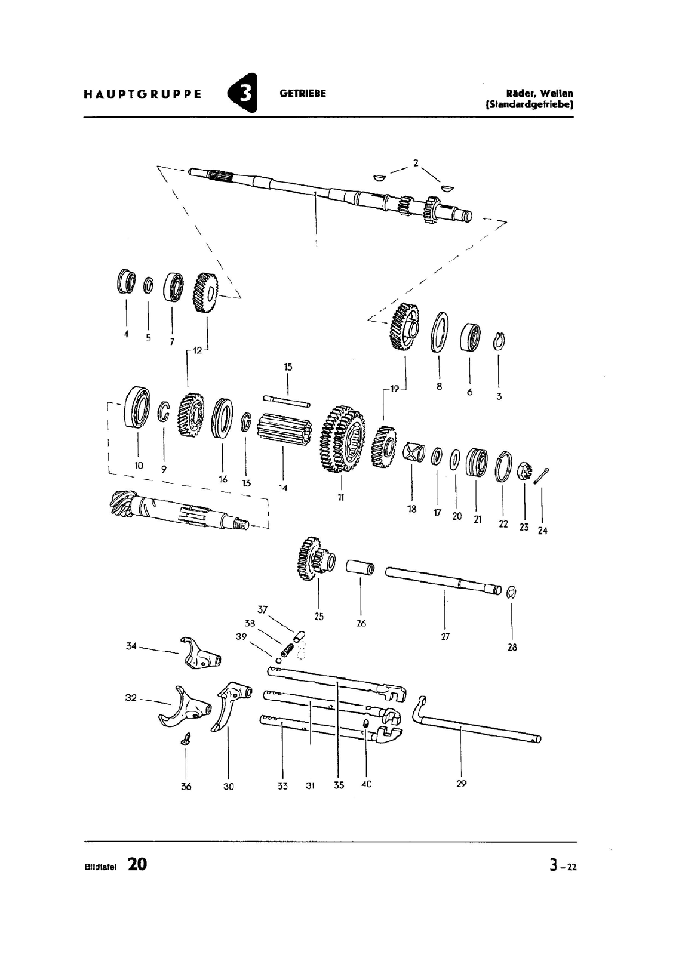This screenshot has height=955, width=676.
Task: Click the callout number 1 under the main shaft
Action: pos(316,244)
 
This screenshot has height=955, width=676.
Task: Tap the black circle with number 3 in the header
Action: pos(243,93)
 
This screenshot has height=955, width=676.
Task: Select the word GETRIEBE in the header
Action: pos(303,94)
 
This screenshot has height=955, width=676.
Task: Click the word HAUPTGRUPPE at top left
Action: pos(142,94)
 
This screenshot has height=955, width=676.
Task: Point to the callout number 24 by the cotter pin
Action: pos(542,530)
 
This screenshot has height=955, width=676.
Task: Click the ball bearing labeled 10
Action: pos(137,407)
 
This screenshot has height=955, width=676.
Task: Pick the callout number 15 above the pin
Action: pos(288,367)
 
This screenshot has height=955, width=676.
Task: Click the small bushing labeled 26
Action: pos(361,567)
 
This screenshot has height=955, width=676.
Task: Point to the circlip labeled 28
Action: pos(511,592)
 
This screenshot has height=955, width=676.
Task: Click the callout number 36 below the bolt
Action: pos(186,787)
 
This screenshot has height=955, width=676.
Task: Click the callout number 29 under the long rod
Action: pos(461,784)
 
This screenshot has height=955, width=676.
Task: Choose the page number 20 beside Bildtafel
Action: pos(137,864)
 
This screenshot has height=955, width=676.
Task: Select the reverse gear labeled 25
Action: pos(314,559)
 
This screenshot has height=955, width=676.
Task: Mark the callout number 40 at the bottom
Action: pos(366,784)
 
